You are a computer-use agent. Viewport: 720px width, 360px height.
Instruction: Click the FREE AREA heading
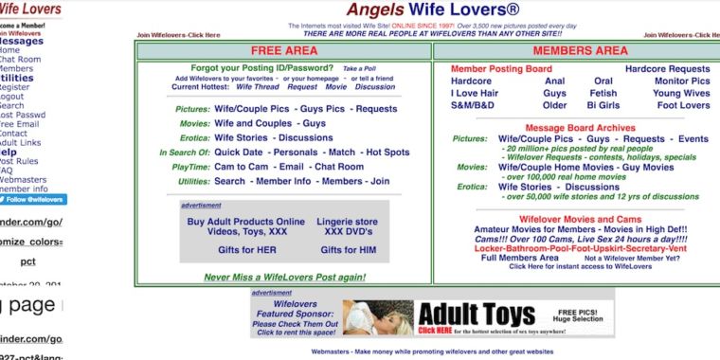pyautogui.click(x=284, y=50)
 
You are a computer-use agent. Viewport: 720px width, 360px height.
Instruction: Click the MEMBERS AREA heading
pyautogui.click(x=580, y=50)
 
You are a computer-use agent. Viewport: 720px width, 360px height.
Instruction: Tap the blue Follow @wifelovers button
pyautogui.click(x=34, y=200)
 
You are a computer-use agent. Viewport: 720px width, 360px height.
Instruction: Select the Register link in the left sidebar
pyautogui.click(x=14, y=87)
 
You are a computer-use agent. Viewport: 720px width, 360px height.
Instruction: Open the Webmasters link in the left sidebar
pyautogui.click(x=23, y=179)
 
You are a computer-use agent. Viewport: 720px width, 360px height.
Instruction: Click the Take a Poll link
pyautogui.click(x=361, y=69)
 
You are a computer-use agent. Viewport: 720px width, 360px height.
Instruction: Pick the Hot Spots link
pyautogui.click(x=387, y=152)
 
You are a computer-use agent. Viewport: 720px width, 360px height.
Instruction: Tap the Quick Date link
pyautogui.click(x=239, y=152)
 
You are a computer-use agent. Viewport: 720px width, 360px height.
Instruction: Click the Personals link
pyautogui.click(x=296, y=152)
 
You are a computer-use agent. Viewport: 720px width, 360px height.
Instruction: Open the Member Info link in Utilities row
pyautogui.click(x=283, y=181)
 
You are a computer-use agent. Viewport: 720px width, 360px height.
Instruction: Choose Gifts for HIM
pyautogui.click(x=348, y=250)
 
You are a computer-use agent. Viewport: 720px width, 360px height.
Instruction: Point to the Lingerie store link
pyautogui.click(x=348, y=222)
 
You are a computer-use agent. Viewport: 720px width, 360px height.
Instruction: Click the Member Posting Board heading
pyautogui.click(x=501, y=69)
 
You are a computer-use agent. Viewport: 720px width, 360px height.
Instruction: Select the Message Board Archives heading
pyautogui.click(x=580, y=128)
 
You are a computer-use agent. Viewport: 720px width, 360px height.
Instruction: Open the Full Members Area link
pyautogui.click(x=520, y=258)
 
